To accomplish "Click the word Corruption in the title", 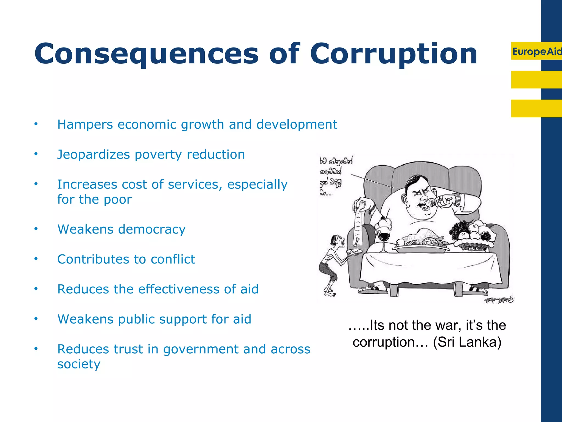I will click(394, 54).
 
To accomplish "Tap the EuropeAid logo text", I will click(536, 51).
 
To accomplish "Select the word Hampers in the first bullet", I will click(85, 125).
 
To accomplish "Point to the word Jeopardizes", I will click(94, 155).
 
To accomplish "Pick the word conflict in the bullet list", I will click(173, 259).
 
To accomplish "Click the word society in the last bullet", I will click(79, 364).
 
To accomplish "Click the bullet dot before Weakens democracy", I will click(36, 229).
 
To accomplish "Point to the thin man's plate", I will click(354, 251).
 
